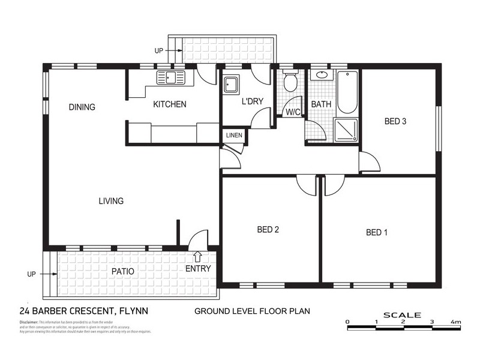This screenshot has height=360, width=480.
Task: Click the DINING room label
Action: pos(82,107)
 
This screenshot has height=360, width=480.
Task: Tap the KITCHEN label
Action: pos(170,104)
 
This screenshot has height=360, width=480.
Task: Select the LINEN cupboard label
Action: pos(234,136)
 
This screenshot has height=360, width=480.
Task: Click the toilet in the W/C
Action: pos(291,82)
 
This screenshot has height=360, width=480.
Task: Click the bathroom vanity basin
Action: pos(321,76)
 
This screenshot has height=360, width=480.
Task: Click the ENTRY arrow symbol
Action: pos(198,257)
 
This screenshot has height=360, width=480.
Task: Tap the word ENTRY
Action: pos(198,269)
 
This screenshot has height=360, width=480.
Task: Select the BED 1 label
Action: pos(377,232)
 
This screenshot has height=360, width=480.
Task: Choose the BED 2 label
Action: pos(268,229)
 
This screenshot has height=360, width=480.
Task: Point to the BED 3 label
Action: pos(395,121)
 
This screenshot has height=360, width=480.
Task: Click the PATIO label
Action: pos(123,271)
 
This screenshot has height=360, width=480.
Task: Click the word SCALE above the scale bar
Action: pos(403,314)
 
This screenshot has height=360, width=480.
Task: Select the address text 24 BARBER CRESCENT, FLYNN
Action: pos(84,311)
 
